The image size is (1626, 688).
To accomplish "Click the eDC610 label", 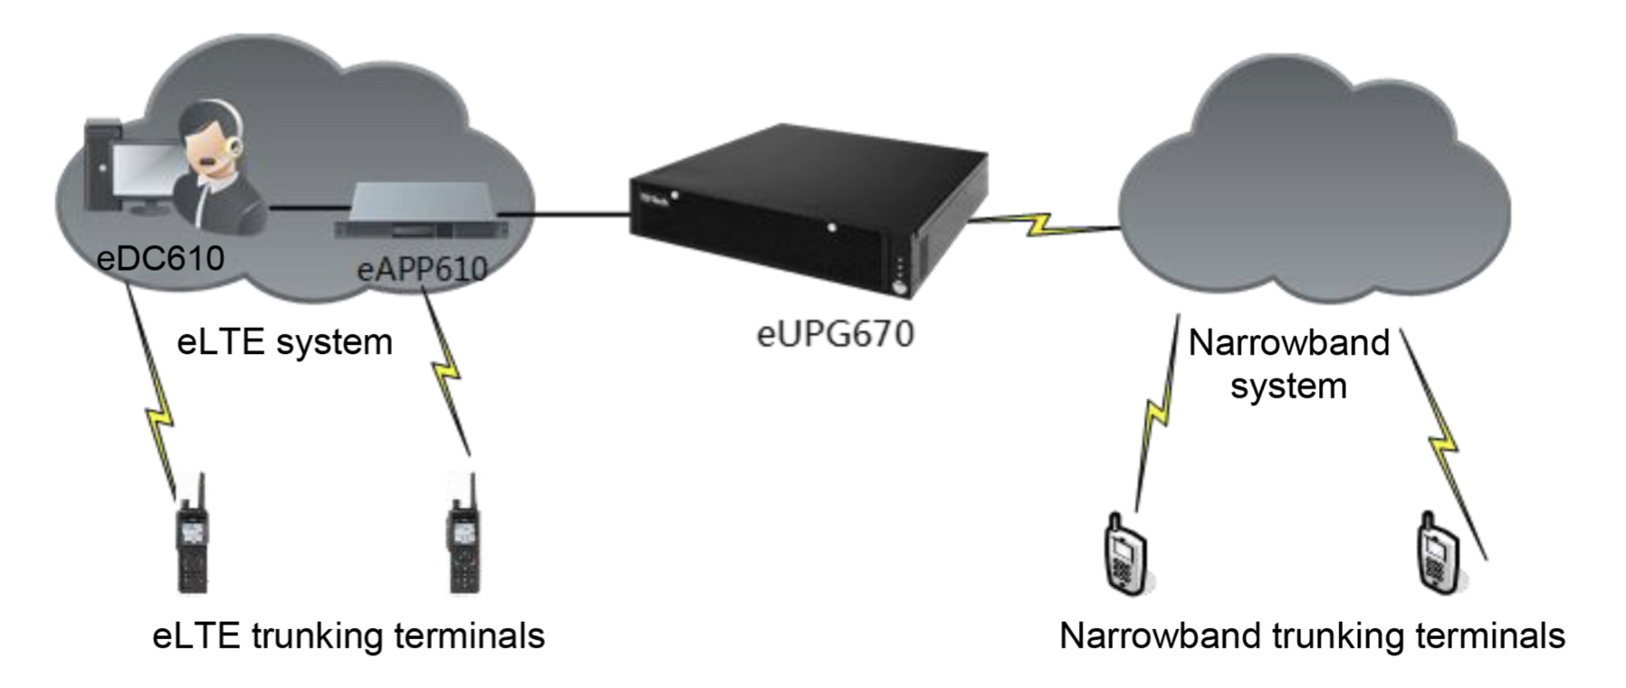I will [x=161, y=258].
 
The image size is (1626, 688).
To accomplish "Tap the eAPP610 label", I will [x=423, y=269].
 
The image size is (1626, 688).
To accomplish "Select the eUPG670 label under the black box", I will [x=835, y=334].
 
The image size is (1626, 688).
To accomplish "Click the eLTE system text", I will [x=284, y=342].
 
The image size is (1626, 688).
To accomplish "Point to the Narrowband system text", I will [x=1288, y=364].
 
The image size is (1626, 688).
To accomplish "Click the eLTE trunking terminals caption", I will [x=349, y=635].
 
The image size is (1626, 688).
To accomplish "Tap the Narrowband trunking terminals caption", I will [x=1312, y=635].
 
